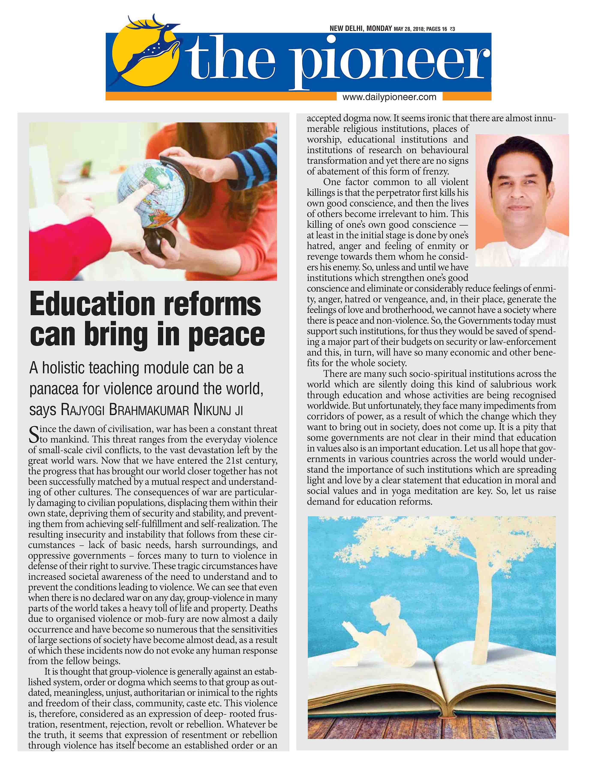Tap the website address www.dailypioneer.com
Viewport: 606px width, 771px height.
pyautogui.click(x=389, y=97)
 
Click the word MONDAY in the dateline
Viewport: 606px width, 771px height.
pyautogui.click(x=379, y=28)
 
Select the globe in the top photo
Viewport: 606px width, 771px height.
pyautogui.click(x=153, y=193)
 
